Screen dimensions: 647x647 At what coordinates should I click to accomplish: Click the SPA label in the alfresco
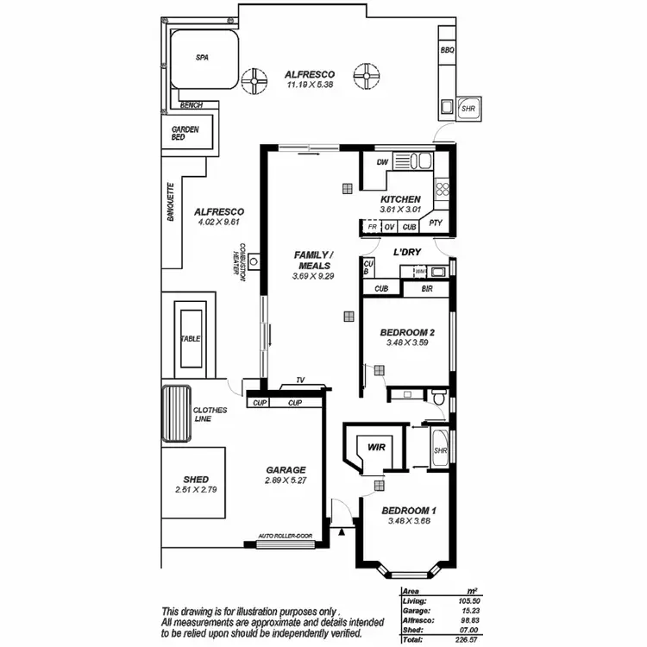pyautogui.click(x=203, y=59)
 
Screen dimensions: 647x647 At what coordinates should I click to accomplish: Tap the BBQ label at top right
pyautogui.click(x=447, y=50)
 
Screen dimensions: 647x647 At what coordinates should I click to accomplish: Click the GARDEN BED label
pyautogui.click(x=185, y=134)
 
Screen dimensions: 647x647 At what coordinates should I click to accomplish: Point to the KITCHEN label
pyautogui.click(x=400, y=199)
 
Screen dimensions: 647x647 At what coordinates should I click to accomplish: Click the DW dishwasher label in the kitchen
pyautogui.click(x=383, y=162)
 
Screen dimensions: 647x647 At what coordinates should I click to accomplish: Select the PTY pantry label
pyautogui.click(x=436, y=227)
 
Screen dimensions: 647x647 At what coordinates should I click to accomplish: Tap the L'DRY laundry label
pyautogui.click(x=406, y=253)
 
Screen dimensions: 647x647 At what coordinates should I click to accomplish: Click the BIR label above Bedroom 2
pyautogui.click(x=426, y=289)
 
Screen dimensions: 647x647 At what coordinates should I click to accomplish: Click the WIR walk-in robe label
pyautogui.click(x=376, y=448)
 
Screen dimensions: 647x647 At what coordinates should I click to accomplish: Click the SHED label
pyautogui.click(x=196, y=480)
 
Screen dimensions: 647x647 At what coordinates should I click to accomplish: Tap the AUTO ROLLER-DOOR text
pyautogui.click(x=286, y=536)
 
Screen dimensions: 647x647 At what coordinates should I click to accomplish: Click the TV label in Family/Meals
pyautogui.click(x=299, y=380)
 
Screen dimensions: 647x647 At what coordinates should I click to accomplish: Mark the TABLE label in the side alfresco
pyautogui.click(x=190, y=339)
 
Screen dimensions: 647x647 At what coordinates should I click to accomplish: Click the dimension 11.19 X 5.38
pyautogui.click(x=309, y=85)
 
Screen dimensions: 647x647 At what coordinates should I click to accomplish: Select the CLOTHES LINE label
pyautogui.click(x=210, y=415)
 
